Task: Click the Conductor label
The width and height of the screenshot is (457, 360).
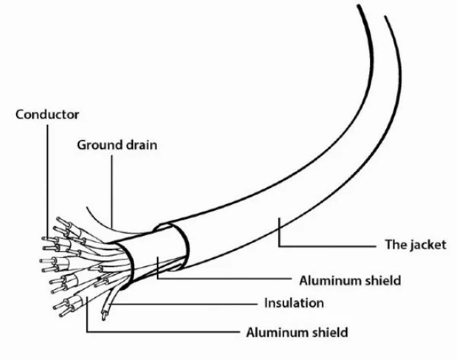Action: tap(47, 114)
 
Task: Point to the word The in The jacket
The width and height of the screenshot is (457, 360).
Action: tap(395, 244)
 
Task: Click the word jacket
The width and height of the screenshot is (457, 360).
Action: tap(427, 245)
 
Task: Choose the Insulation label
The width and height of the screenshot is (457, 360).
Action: tap(294, 303)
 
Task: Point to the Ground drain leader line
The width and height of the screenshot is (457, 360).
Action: tap(112, 191)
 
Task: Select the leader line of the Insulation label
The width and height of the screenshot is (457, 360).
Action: tap(183, 304)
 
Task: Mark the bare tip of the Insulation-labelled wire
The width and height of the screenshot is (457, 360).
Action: tap(104, 316)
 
